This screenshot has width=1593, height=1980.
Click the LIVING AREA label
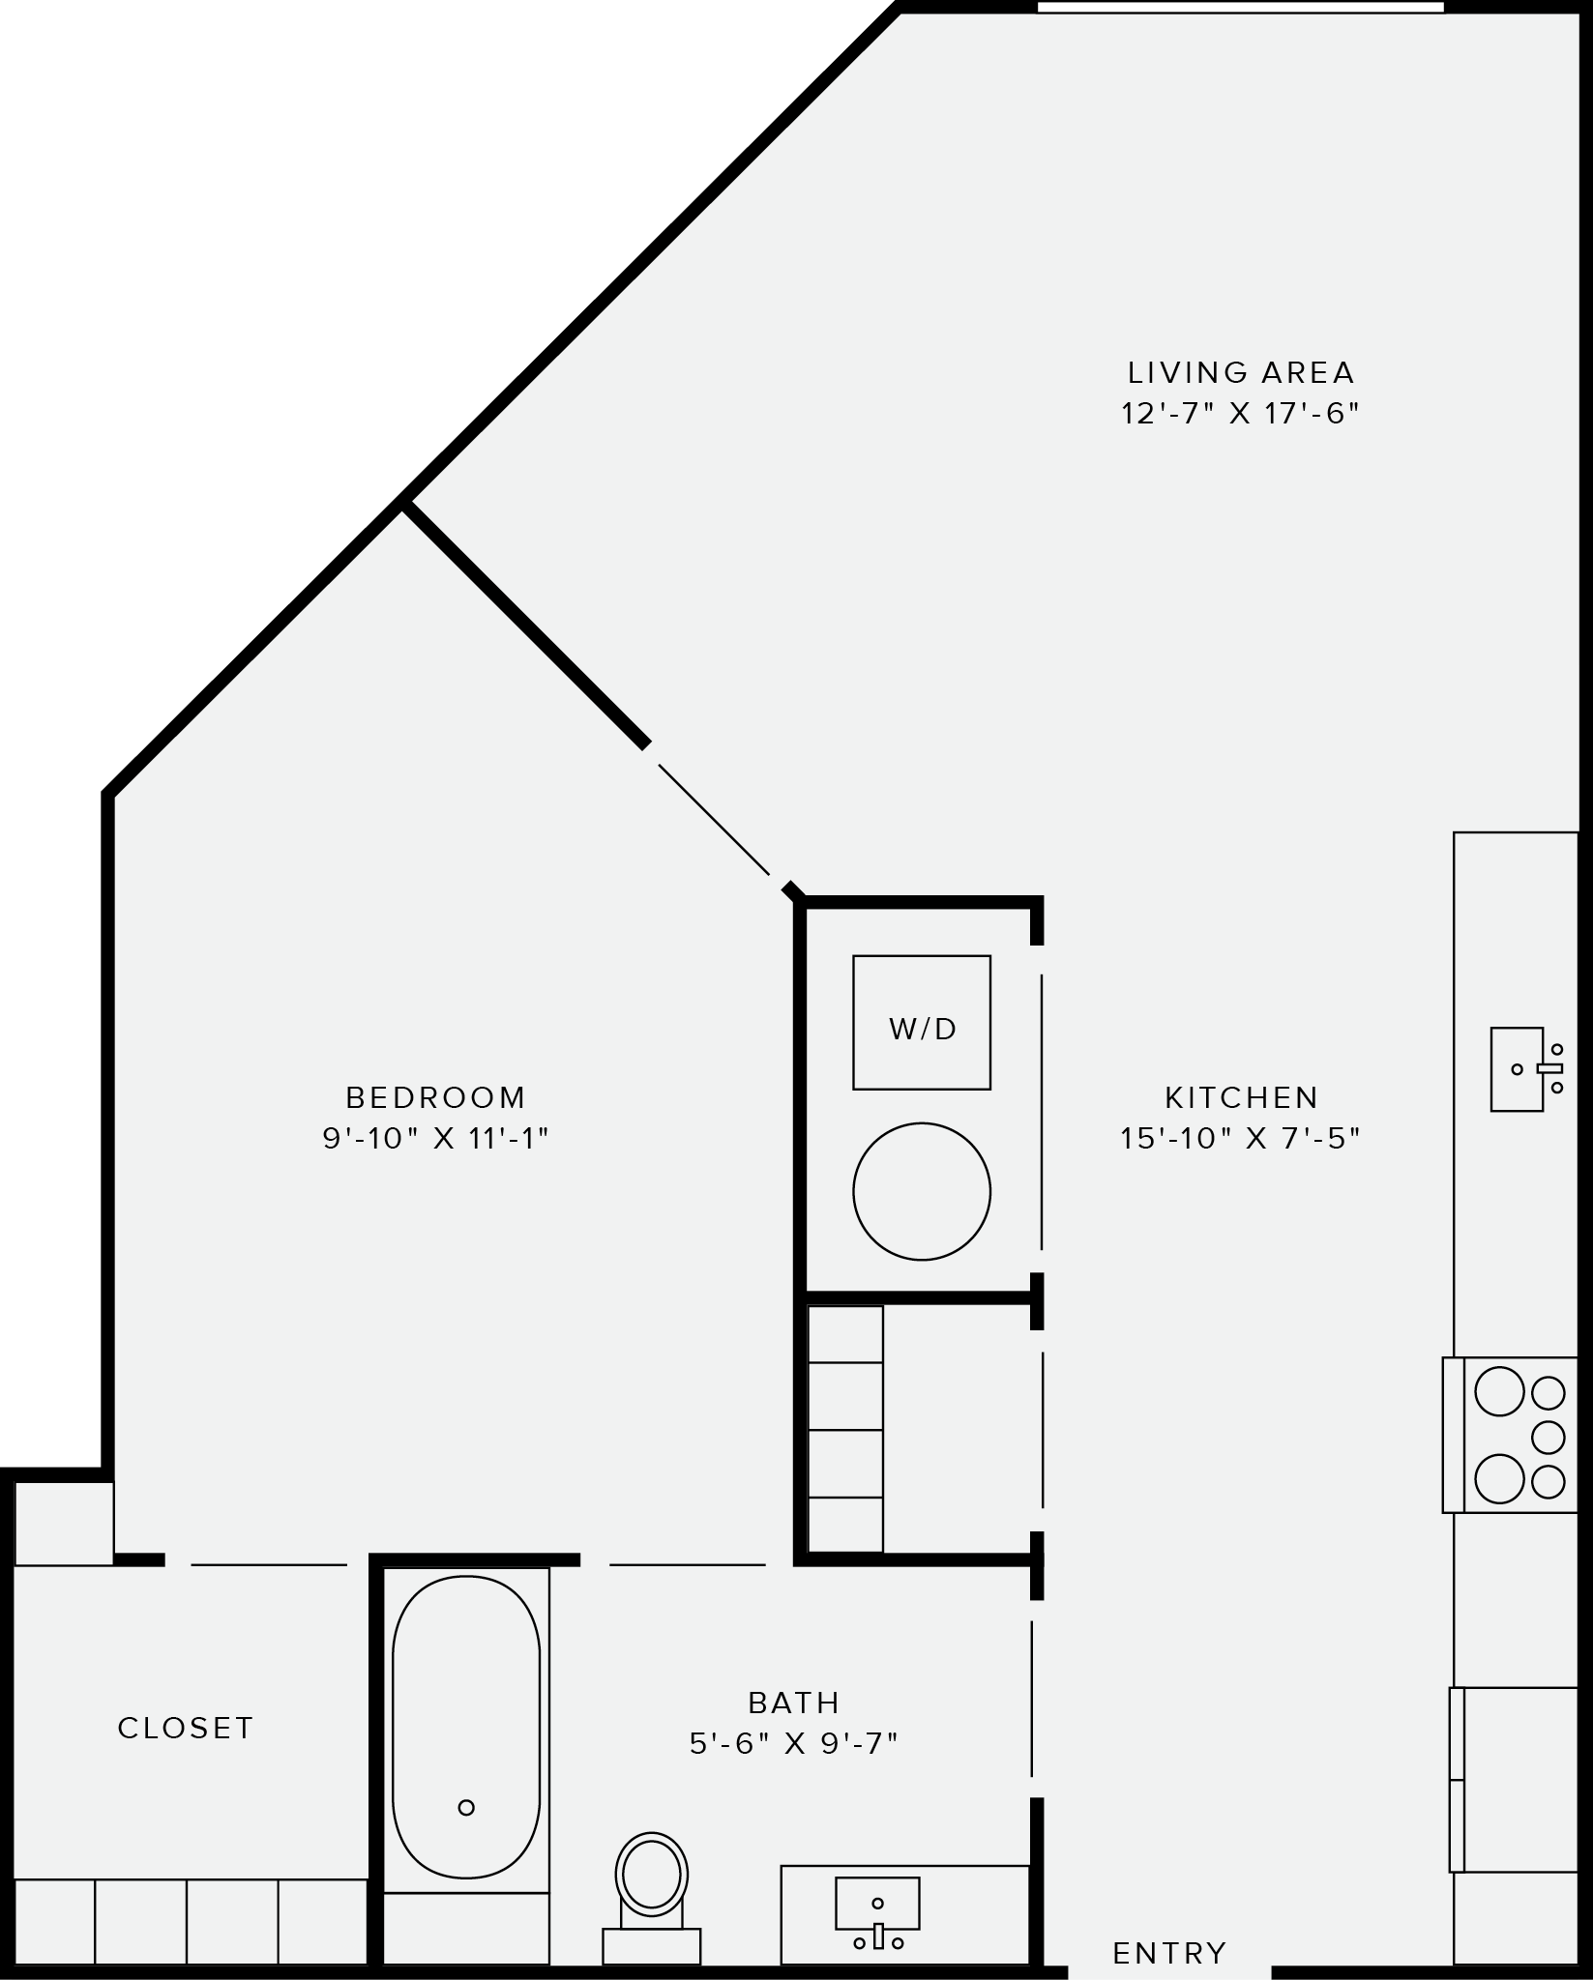tap(1241, 372)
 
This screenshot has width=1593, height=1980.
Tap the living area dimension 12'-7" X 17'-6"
tap(1241, 414)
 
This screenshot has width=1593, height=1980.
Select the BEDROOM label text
tap(436, 1097)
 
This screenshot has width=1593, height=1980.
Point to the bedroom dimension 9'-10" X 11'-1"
tap(436, 1139)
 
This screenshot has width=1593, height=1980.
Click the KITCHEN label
tap(1242, 1097)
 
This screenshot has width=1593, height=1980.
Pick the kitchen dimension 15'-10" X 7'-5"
tap(1241, 1139)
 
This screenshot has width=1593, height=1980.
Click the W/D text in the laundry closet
tap(923, 1029)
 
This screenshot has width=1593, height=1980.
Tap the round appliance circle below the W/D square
tap(922, 1191)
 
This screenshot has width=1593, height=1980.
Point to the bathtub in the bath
tap(466, 1727)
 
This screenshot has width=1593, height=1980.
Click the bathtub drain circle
tap(466, 1807)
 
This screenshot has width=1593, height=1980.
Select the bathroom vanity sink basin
tap(877, 1904)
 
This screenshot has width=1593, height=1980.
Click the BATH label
tap(794, 1702)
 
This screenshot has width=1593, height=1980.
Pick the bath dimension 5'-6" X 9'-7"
tap(794, 1743)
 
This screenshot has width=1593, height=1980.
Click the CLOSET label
tap(186, 1728)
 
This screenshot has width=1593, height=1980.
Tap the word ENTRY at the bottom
tap(1169, 1953)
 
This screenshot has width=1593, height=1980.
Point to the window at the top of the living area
tap(1240, 8)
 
